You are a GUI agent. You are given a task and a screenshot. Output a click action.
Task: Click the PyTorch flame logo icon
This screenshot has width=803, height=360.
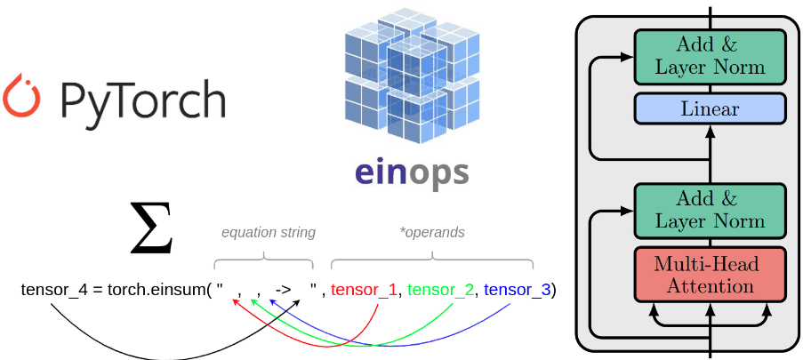[20, 98]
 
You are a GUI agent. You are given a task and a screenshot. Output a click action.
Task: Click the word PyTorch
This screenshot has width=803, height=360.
[142, 100]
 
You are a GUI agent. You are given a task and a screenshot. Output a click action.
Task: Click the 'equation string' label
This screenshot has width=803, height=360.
[268, 232]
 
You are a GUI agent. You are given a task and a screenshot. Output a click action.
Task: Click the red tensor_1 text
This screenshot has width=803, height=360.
[363, 290]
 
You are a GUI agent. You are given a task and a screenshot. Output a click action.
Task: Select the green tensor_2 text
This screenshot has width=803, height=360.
[439, 290]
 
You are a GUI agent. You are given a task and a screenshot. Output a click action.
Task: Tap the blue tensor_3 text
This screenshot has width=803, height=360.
[517, 290]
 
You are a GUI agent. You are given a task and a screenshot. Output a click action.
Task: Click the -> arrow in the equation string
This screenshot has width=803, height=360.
[285, 290]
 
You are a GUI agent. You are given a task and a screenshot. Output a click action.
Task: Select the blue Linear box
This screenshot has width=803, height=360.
[710, 109]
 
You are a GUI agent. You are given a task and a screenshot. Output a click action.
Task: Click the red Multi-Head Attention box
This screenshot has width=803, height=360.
[710, 276]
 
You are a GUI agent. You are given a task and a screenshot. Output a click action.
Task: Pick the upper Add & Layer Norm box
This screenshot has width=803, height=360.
[710, 55]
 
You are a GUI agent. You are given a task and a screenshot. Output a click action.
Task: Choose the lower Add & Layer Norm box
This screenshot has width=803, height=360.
[710, 210]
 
